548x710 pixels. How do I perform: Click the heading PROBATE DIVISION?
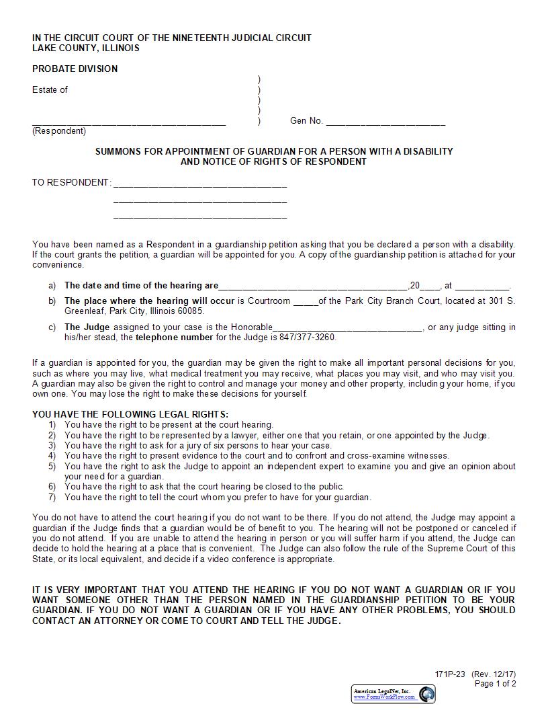point(75,69)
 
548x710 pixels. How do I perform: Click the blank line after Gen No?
point(385,122)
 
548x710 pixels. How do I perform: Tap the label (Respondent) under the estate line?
point(59,131)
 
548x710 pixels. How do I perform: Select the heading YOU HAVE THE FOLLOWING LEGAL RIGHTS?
point(130,414)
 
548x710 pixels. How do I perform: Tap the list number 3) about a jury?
point(52,445)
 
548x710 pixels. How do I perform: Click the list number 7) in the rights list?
point(52,497)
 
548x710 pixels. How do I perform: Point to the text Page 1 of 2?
point(495,684)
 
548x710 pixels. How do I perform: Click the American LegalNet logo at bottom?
point(394,694)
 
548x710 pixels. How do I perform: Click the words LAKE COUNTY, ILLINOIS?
point(86,48)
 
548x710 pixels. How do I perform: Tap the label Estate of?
point(50,89)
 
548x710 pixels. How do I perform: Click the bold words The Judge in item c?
point(82,327)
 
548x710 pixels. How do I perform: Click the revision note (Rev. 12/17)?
point(494,674)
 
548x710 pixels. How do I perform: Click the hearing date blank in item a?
point(313,286)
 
